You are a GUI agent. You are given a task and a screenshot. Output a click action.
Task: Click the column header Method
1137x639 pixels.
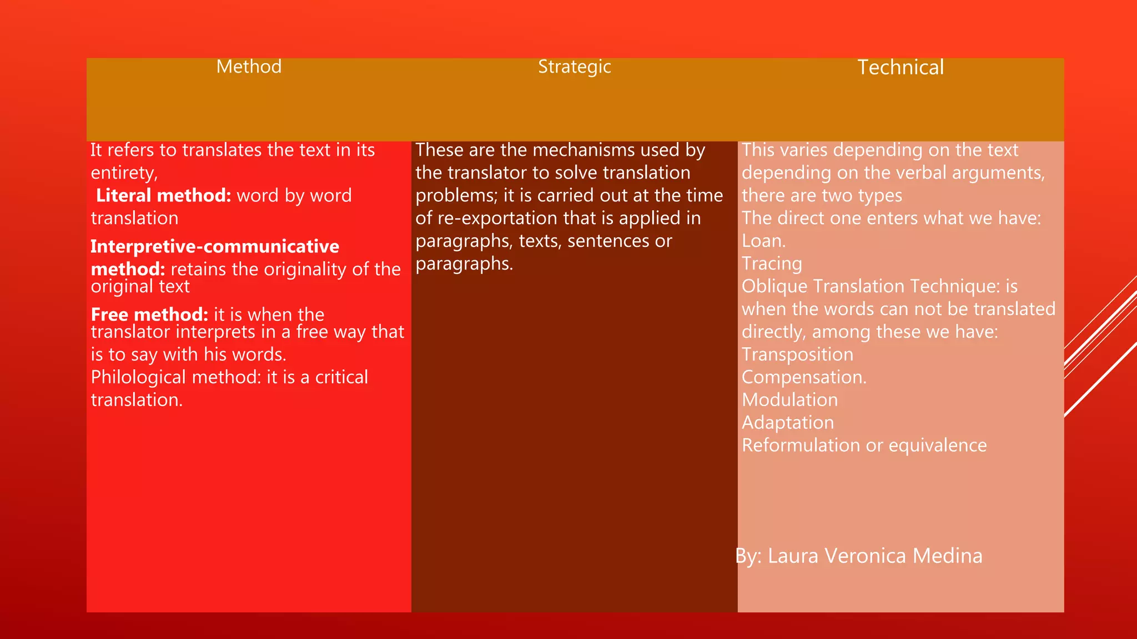249,67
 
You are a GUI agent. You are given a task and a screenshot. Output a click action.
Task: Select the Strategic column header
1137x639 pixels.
574,67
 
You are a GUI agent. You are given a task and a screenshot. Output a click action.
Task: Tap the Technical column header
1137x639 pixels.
900,68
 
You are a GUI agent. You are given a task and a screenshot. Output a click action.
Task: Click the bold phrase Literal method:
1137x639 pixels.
163,195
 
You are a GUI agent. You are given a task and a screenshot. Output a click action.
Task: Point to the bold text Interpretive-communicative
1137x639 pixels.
215,246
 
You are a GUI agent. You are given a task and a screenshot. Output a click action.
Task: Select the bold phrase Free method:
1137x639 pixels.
149,315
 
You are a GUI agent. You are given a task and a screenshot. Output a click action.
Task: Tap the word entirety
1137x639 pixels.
123,173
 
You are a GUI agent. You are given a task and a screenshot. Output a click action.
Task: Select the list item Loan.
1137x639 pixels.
763,241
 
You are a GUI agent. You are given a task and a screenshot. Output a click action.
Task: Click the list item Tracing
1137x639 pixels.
772,263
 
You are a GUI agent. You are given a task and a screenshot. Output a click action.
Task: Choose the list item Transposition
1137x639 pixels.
797,354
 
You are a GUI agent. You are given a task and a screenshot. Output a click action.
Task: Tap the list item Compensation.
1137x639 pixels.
803,377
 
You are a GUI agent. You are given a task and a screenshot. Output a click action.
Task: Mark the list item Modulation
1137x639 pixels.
789,400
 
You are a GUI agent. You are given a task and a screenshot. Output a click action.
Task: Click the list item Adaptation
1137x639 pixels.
787,423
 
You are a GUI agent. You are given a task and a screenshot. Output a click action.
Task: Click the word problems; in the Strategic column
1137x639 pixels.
456,195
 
